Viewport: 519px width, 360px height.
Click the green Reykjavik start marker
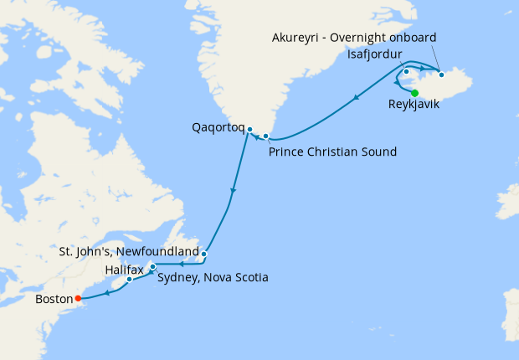click(x=415, y=92)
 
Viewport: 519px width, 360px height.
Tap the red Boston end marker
click(x=78, y=297)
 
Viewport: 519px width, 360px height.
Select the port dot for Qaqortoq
click(x=249, y=129)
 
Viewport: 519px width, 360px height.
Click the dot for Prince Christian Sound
click(x=266, y=136)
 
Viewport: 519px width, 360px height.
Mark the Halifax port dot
click(x=130, y=279)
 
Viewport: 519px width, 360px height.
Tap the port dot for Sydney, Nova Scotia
click(x=152, y=267)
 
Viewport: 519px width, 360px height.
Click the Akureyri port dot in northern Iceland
click(x=441, y=75)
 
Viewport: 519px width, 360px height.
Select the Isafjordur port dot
click(x=406, y=71)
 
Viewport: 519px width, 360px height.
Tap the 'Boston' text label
click(x=54, y=298)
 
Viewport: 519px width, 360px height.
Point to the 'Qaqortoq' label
click(x=217, y=129)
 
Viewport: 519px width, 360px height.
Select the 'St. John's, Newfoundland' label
click(x=129, y=251)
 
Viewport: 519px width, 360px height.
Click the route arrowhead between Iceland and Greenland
click(x=357, y=99)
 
